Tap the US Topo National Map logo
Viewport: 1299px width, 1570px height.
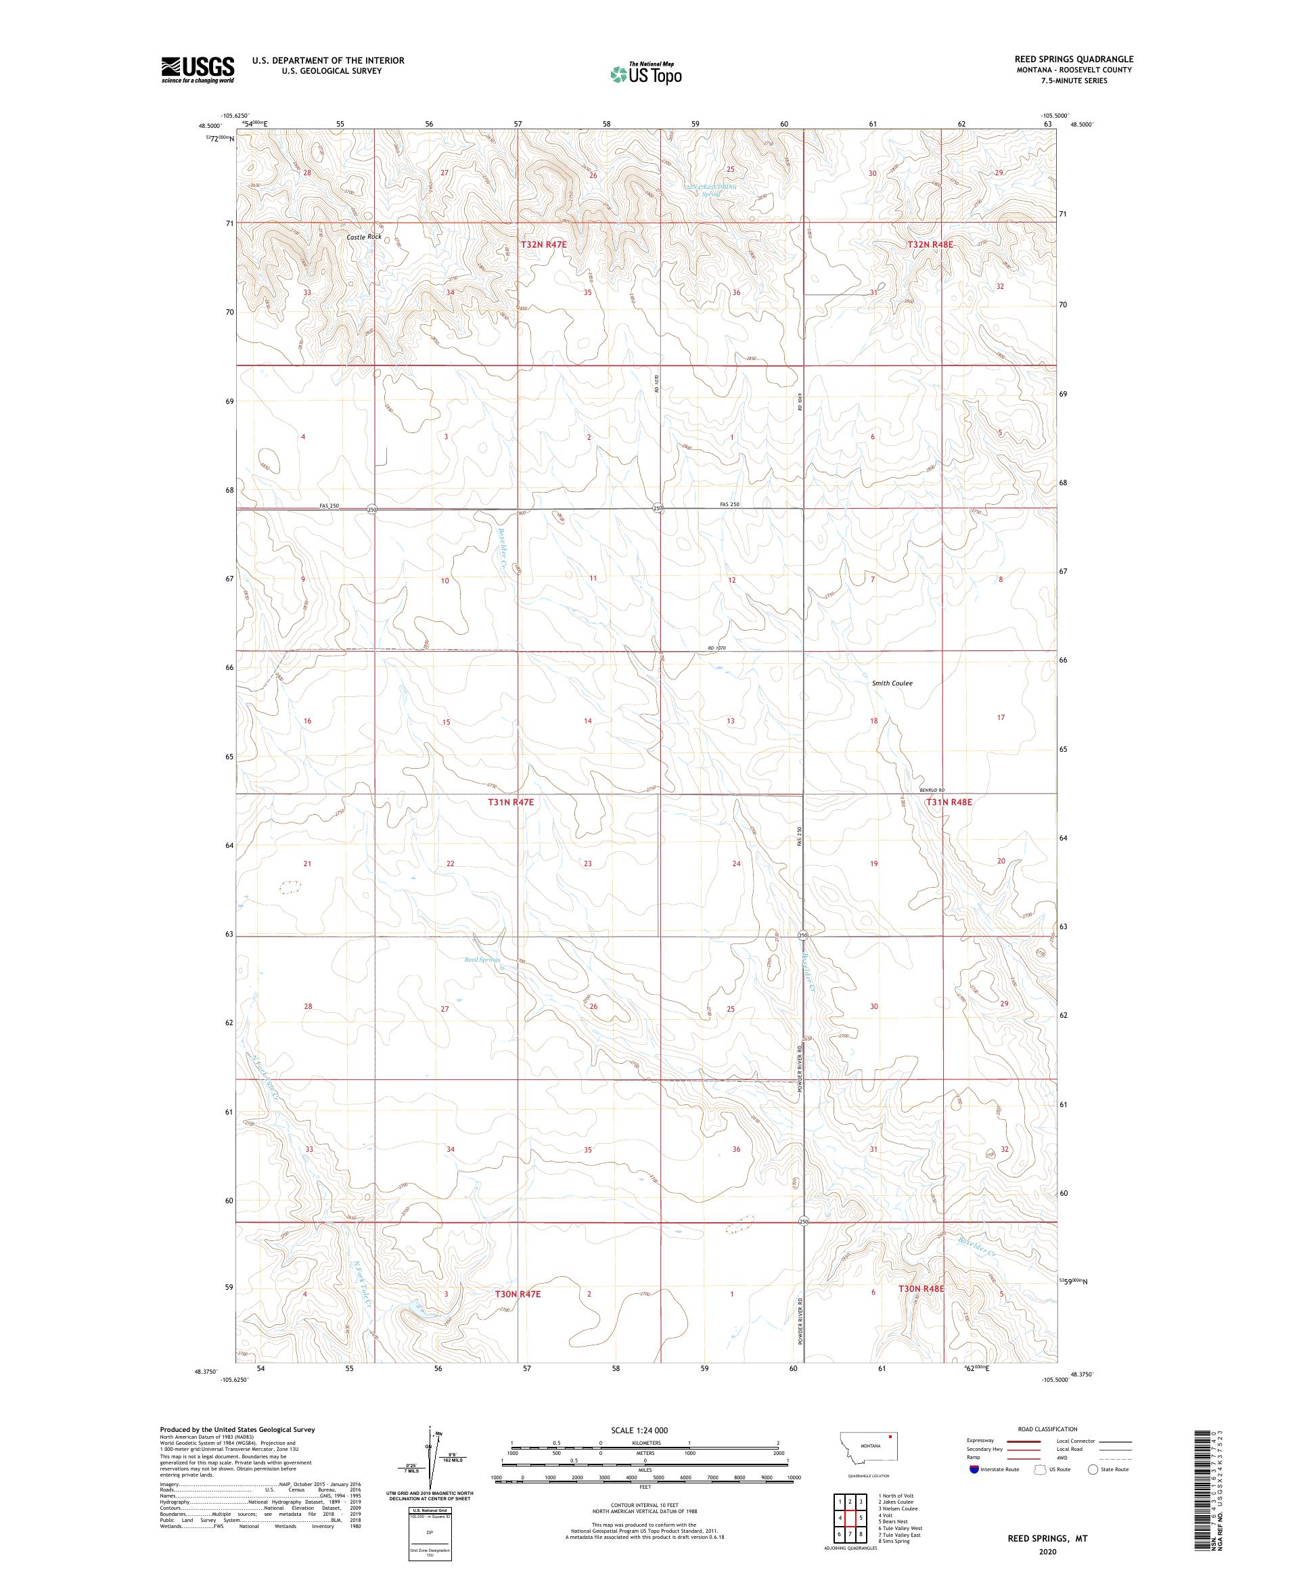tap(647, 73)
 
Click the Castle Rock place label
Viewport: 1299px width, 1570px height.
tap(363, 237)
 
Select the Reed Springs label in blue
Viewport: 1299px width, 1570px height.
tap(481, 959)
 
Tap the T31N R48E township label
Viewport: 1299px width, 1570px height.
tap(949, 802)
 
